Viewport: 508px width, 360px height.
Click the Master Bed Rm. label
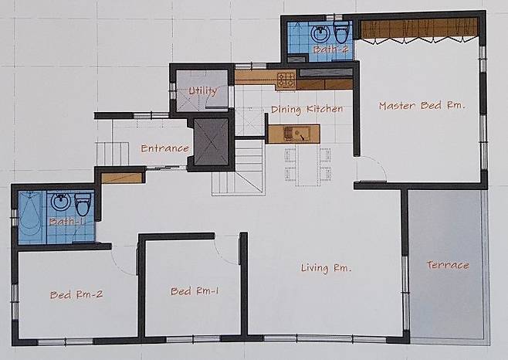coord(422,106)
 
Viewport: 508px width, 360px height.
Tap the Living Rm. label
coord(326,268)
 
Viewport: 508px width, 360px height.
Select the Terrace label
coord(448,265)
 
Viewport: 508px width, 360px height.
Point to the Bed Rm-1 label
coord(195,291)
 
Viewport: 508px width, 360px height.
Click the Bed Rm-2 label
coord(76,294)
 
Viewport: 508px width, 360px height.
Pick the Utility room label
coord(203,91)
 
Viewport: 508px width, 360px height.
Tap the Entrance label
coord(165,148)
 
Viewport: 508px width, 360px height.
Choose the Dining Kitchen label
coord(306,109)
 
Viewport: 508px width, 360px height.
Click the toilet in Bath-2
coord(341,32)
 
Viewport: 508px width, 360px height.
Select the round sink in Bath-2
coord(320,32)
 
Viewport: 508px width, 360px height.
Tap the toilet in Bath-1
coord(83,204)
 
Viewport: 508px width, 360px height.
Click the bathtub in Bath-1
coord(30,217)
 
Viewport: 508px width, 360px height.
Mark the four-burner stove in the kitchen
coord(286,80)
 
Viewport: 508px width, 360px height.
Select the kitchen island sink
coord(296,134)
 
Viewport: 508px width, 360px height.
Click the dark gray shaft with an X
coord(211,142)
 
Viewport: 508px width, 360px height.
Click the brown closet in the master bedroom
coord(419,28)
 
